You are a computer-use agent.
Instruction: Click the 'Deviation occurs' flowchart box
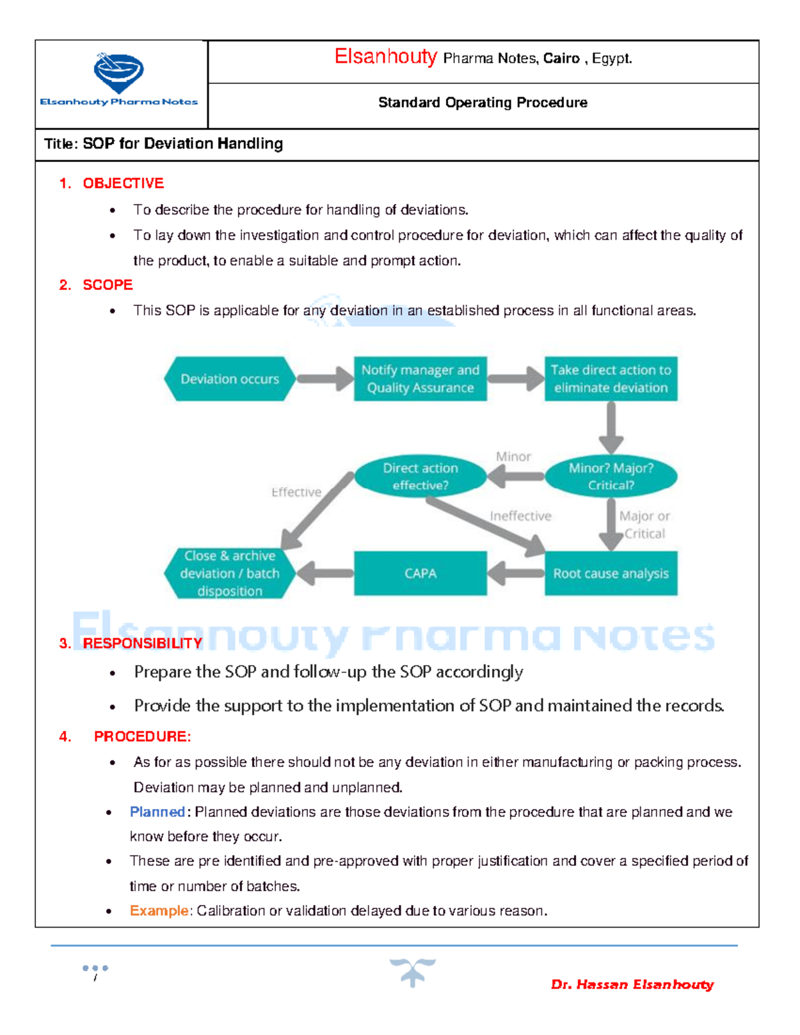point(230,379)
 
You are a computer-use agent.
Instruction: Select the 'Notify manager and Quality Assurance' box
point(420,379)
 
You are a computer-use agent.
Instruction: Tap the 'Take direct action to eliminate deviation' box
point(611,379)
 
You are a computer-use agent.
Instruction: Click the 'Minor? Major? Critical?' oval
point(611,477)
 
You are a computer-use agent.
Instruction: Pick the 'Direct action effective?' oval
point(420,477)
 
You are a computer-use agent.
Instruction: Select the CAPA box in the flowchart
point(420,573)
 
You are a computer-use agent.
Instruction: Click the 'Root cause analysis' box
point(611,573)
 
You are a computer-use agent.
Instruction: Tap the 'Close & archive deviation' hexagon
point(230,573)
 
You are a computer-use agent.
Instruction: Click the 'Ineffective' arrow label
point(521,516)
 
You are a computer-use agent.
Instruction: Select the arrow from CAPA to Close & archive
point(325,573)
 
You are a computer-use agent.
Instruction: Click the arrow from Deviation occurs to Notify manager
point(325,379)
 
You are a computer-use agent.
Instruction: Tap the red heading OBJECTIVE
point(123,183)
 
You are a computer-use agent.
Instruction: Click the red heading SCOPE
point(107,285)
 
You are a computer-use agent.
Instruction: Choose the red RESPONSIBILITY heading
point(142,643)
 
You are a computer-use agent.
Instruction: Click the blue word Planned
point(157,812)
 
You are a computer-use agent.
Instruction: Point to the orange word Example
point(159,910)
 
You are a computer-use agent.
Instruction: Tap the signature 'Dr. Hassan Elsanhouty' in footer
point(632,984)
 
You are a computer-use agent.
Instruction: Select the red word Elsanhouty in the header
point(385,57)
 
